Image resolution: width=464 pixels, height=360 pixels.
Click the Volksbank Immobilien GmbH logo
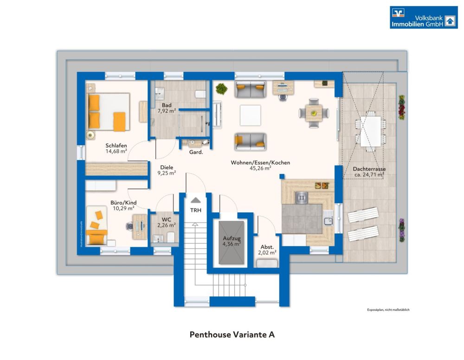[423, 18]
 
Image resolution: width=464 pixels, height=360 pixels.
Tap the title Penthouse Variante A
[232, 334]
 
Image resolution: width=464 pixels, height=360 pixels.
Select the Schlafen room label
[116, 146]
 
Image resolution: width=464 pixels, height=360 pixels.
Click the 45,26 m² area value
[260, 169]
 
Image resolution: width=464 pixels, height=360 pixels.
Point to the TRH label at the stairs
[196, 210]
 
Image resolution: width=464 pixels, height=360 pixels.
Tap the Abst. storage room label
[266, 247]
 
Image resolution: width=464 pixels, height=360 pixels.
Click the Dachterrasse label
[369, 169]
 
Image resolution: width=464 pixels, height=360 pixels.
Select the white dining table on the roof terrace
[370, 131]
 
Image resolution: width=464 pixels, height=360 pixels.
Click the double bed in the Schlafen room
[108, 113]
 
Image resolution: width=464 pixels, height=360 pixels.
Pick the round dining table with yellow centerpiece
[314, 112]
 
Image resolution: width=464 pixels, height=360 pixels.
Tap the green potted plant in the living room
[221, 88]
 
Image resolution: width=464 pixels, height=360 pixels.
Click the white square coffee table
[251, 115]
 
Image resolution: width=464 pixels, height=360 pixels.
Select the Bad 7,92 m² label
[166, 108]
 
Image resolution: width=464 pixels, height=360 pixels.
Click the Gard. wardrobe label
[195, 152]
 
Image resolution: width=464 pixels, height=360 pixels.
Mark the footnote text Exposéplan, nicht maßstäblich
[388, 309]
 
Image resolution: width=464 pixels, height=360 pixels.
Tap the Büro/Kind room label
[123, 202]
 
